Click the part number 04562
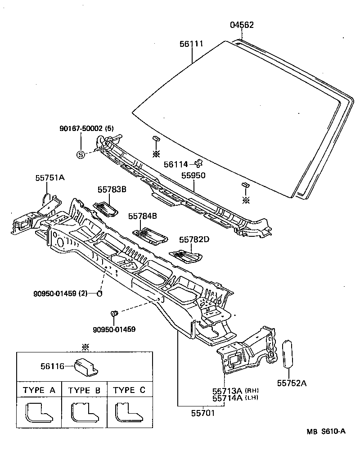[242, 25]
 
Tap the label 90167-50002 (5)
[86, 129]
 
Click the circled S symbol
[81, 155]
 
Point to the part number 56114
[175, 165]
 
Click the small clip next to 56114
[198, 163]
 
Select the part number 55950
[193, 175]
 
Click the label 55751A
[50, 178]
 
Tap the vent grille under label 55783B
[107, 207]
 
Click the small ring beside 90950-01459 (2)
[100, 294]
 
